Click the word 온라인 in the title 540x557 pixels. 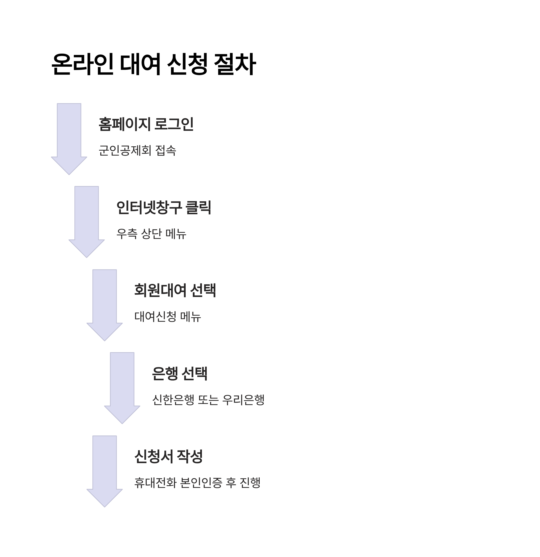coord(82,64)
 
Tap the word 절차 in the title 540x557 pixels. coord(235,64)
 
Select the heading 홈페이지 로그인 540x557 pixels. coord(146,124)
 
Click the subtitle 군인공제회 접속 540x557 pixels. coord(137,150)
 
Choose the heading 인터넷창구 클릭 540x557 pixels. coord(164,207)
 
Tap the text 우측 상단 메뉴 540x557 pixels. coord(151,234)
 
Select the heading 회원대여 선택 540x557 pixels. coord(175,290)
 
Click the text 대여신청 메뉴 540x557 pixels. coord(168,317)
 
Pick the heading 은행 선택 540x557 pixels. coord(180,374)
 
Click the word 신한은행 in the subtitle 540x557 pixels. coord(173,400)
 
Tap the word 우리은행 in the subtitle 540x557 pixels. coord(243,400)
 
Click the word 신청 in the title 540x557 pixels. coord(187,64)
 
